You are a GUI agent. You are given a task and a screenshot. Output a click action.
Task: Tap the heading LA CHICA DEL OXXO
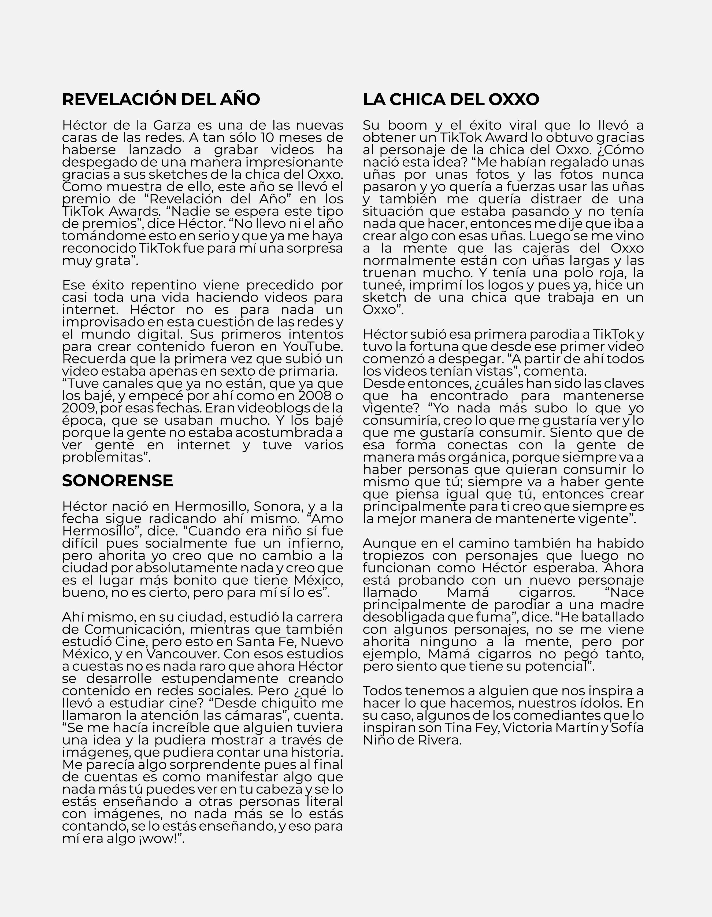[451, 100]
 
